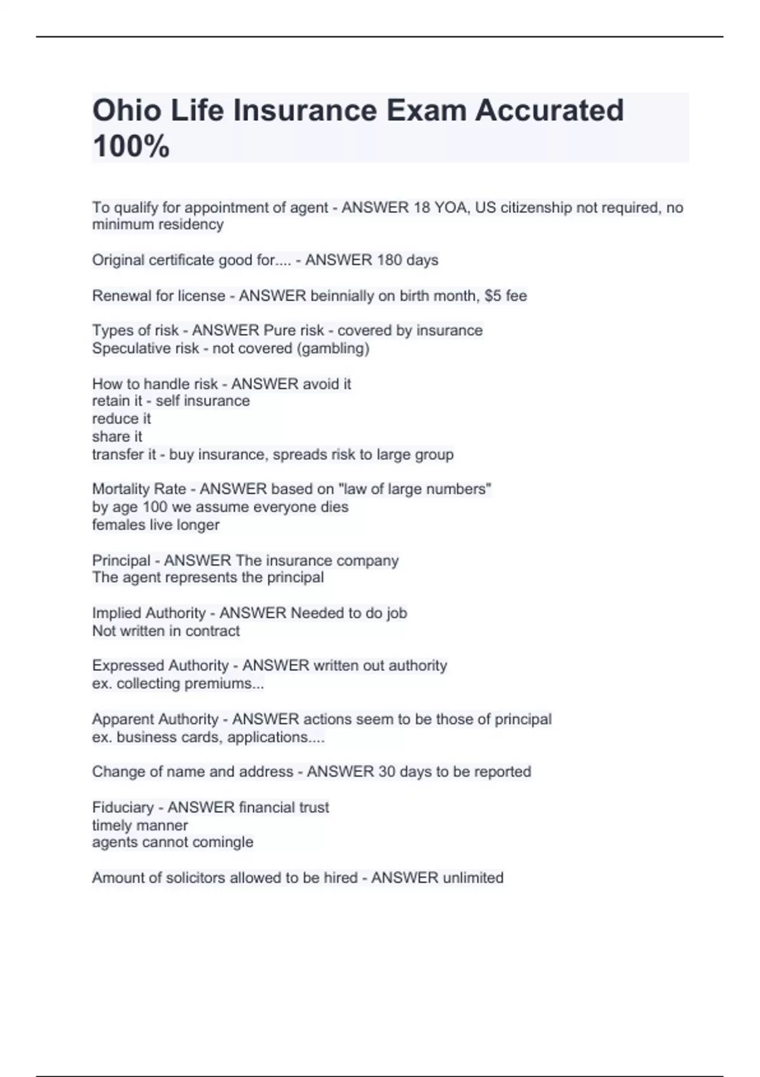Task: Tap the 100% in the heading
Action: tap(131, 146)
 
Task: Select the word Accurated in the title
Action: tap(549, 110)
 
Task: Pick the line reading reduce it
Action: tap(122, 419)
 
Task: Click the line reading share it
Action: tap(117, 437)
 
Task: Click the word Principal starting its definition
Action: tap(122, 561)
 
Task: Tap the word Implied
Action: tap(117, 613)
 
